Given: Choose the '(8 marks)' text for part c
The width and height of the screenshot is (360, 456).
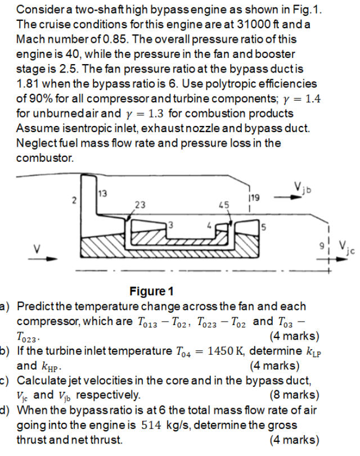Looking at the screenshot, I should click(x=295, y=395).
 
